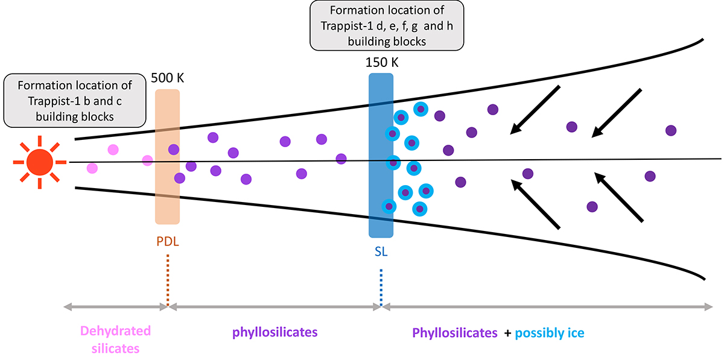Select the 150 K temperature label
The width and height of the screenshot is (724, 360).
click(x=381, y=62)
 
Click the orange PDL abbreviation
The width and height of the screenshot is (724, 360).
click(x=167, y=242)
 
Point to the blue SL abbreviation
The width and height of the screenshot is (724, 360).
click(x=381, y=253)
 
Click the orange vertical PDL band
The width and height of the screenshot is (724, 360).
click(x=167, y=199)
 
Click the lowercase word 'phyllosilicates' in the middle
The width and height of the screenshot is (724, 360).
click(x=275, y=332)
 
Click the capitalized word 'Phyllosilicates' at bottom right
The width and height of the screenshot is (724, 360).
click(x=455, y=332)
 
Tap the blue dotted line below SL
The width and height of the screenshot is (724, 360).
click(x=381, y=286)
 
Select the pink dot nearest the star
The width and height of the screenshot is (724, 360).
click(x=92, y=168)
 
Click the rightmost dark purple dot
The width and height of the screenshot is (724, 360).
click(x=670, y=130)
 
